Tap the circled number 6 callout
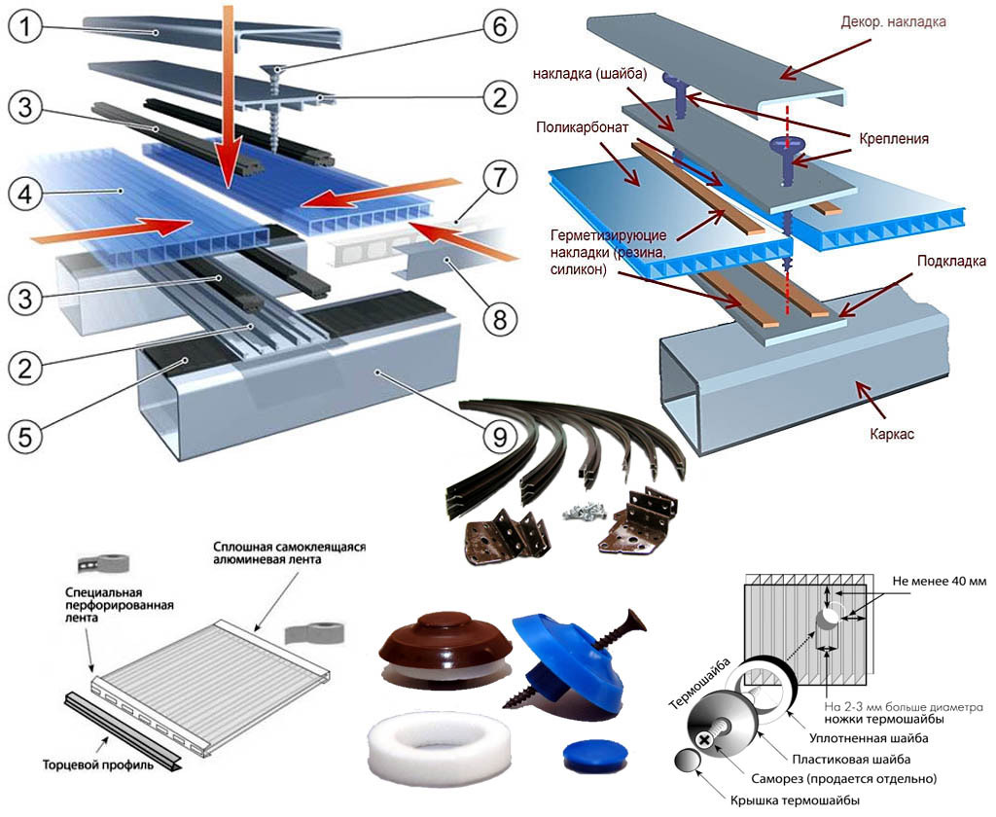(498, 27)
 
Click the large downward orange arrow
(227, 97)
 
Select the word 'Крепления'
(888, 139)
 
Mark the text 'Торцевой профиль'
(97, 764)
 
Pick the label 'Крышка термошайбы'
(798, 799)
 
